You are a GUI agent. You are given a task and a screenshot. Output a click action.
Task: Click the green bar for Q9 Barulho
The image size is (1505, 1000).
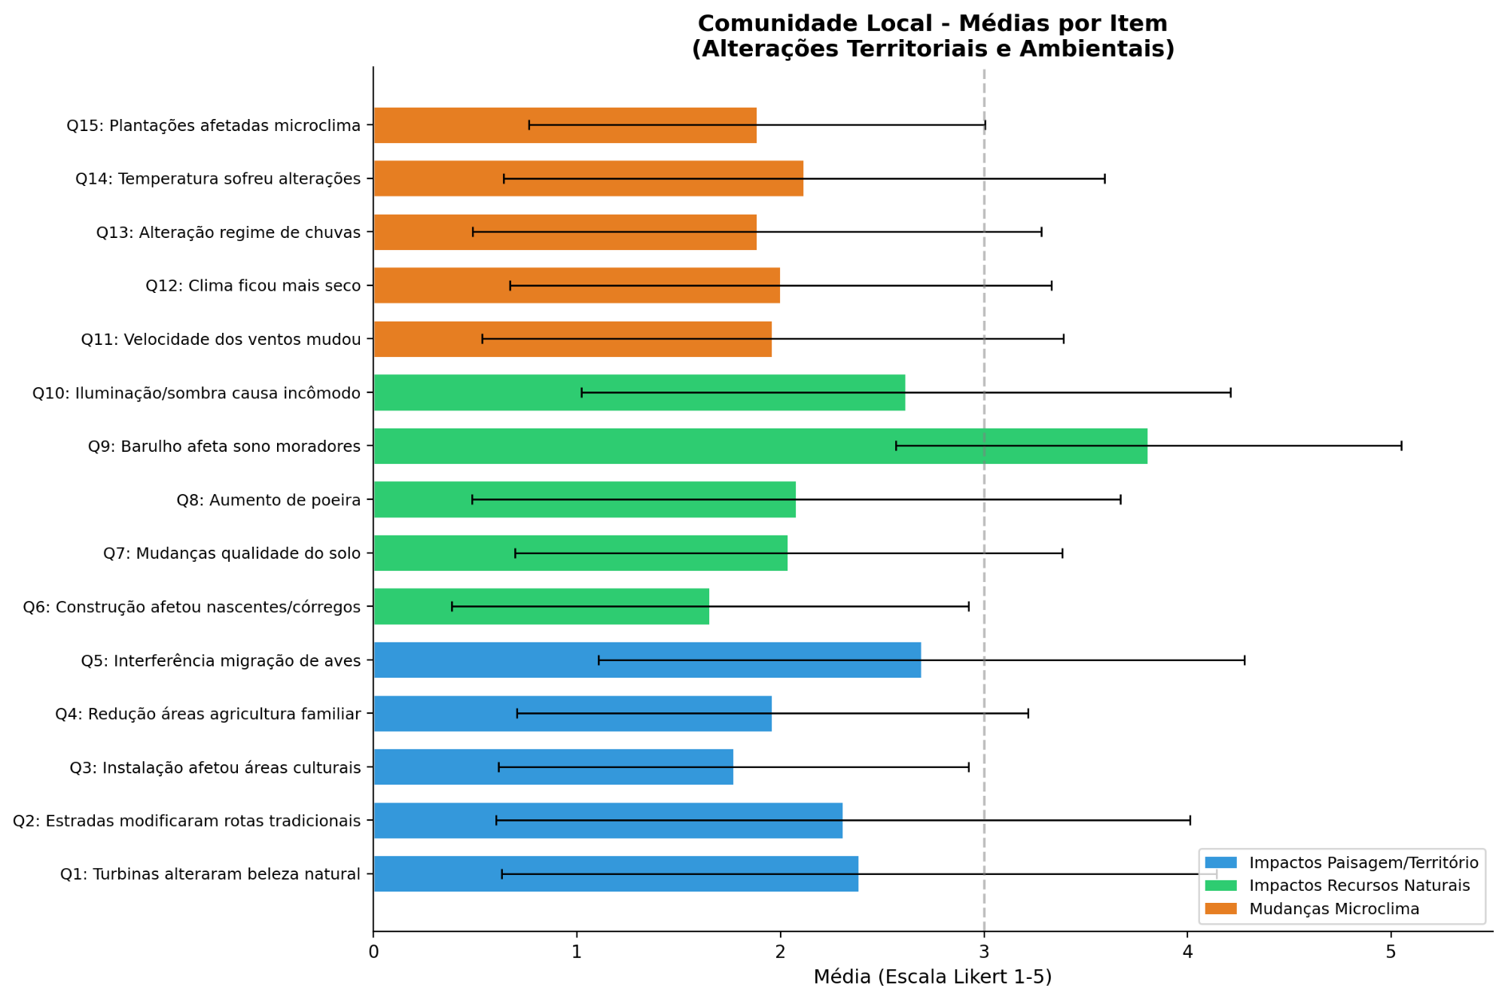point(760,446)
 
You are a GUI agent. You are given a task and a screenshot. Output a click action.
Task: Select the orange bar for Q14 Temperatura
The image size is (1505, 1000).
point(588,178)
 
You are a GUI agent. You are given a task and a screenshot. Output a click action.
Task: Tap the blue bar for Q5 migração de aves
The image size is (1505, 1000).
point(647,660)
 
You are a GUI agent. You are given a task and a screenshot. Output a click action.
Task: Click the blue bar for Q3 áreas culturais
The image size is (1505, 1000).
point(553,767)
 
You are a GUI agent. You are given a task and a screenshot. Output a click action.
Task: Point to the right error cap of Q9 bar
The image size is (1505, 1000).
point(1401,446)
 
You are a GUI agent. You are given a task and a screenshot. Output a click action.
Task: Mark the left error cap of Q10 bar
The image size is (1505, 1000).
point(581,392)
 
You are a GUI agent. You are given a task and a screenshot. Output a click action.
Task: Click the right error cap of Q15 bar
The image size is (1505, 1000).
point(986,125)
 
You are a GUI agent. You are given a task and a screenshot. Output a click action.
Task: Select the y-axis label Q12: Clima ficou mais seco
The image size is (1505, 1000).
point(253,285)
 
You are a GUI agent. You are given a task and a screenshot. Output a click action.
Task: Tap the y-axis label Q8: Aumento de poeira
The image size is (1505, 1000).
point(268,500)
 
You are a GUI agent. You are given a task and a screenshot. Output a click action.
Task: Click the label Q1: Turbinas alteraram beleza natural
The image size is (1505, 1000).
point(210,874)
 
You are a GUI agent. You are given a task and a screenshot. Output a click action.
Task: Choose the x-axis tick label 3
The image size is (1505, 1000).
point(984,952)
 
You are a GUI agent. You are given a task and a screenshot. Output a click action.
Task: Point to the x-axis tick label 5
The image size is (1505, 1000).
point(1391,952)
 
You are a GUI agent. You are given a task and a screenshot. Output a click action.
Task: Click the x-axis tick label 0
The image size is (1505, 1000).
point(373,952)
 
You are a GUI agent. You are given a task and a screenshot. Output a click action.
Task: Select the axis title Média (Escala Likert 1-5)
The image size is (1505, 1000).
point(932,977)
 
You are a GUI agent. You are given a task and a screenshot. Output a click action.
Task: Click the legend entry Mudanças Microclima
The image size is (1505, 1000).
point(1333,909)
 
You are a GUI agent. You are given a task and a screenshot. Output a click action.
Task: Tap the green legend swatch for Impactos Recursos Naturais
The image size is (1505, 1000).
point(1220,886)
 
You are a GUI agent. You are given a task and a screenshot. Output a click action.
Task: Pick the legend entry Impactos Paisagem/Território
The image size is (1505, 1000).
point(1363,862)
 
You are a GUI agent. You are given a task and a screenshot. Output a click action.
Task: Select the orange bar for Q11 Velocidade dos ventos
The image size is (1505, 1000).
point(572,339)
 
